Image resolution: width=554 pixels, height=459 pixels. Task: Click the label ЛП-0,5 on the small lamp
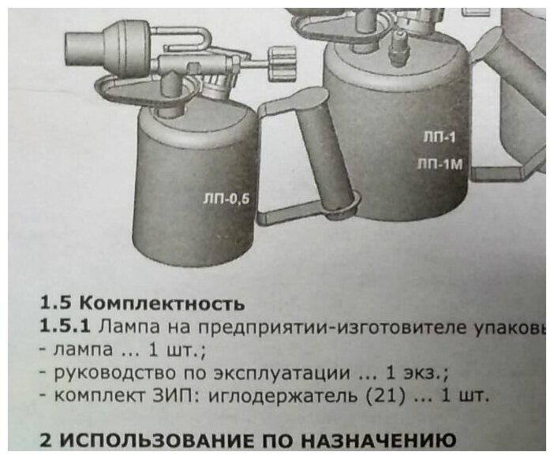click(x=226, y=199)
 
